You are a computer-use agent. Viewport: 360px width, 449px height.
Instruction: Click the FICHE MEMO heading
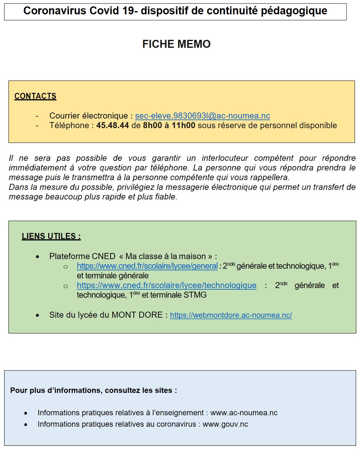coord(176,44)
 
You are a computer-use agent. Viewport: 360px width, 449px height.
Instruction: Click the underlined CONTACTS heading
coord(35,96)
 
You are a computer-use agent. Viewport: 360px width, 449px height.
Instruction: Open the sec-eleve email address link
coord(202,116)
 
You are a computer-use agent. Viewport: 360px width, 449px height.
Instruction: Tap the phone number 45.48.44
coord(113,126)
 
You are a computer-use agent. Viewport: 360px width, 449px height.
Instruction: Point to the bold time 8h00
coord(152,126)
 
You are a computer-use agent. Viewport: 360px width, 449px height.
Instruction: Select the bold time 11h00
coord(183,126)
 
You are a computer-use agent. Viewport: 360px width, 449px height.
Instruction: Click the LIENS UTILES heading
coord(51,236)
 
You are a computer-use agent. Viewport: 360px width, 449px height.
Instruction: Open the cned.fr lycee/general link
coord(147,266)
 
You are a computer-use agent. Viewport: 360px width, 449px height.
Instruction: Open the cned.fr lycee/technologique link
coord(166,285)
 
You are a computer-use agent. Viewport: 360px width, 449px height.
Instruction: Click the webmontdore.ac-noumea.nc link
coord(231,315)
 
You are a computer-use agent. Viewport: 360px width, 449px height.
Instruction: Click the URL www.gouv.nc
coord(225,424)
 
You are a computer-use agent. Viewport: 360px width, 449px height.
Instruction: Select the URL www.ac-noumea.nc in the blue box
coord(244,413)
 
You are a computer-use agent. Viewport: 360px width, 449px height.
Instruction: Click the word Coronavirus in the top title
coord(55,11)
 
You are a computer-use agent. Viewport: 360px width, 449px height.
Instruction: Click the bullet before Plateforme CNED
coord(38,257)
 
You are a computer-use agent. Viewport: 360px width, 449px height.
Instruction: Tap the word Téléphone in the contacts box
coord(69,126)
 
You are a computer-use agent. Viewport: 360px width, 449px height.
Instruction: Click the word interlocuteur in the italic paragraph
coord(225,158)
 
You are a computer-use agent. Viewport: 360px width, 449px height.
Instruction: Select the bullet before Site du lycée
coord(38,315)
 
